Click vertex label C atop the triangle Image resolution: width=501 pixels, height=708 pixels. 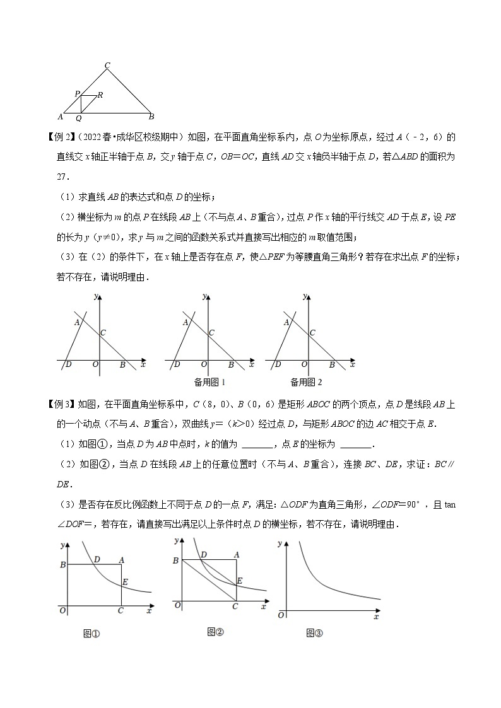107,64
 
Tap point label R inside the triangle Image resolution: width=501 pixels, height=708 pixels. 100,95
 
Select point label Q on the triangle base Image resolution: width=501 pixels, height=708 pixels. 79,118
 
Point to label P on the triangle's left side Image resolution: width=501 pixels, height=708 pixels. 77,94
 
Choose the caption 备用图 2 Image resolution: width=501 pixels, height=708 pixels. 306,382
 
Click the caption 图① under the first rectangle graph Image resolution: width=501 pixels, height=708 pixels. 92,634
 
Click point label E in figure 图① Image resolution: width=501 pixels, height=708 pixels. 125,583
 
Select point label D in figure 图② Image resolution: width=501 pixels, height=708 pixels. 204,555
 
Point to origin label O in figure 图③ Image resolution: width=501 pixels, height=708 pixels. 282,614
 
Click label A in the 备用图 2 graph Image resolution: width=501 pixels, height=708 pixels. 286,323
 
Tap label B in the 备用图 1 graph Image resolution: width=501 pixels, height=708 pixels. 231,365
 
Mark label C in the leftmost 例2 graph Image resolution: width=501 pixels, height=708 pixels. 103,333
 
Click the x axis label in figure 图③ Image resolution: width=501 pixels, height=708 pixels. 376,617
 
